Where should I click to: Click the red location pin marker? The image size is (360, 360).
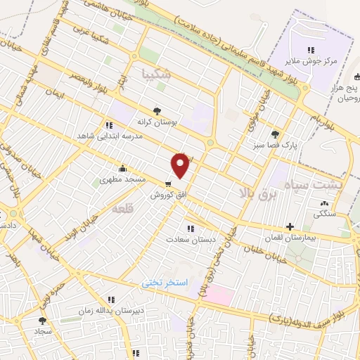coord(181,165)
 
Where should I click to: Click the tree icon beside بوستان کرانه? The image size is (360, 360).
coord(157,110)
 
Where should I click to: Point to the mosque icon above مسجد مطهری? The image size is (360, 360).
coord(123,169)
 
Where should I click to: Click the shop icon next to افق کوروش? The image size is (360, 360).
coord(167,184)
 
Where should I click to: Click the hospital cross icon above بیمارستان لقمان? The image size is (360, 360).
coord(289,226)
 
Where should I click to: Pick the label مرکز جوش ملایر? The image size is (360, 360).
coord(309,61)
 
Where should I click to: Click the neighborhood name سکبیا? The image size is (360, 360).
coord(155,73)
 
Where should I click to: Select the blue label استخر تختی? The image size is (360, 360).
coord(164,282)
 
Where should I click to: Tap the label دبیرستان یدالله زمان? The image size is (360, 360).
coord(106,310)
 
